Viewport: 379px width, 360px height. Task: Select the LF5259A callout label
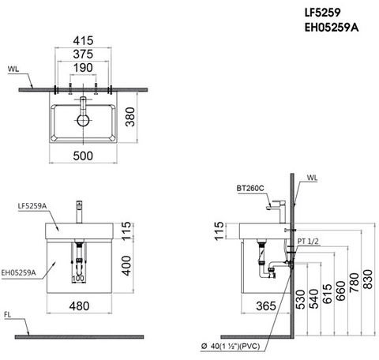32,205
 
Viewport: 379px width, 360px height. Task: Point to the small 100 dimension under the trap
78,278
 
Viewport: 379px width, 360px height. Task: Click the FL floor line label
9,314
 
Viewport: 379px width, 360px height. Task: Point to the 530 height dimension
299,301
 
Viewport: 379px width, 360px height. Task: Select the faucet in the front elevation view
79,213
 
